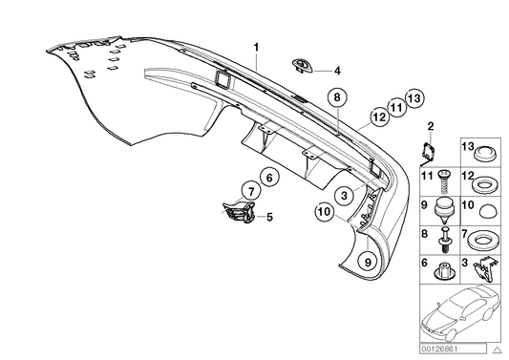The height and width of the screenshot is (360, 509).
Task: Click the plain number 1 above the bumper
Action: pos(255,46)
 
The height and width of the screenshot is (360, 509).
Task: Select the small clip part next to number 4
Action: pos(303,65)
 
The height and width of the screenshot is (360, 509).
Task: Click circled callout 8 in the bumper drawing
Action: pos(336,97)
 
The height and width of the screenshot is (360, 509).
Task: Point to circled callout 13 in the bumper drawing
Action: pos(413,97)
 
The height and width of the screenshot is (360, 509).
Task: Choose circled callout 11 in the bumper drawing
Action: pos(394,108)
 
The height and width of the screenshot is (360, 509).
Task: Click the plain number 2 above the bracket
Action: pos(431,127)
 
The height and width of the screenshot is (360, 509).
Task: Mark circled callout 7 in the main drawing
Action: pos(248,191)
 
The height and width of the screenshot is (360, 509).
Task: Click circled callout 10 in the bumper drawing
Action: pos(325,213)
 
